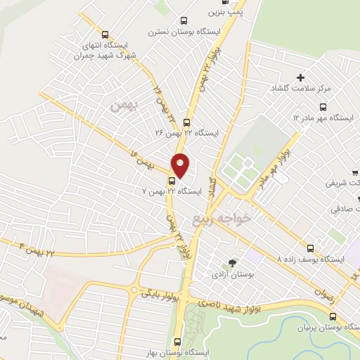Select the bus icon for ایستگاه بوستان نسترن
tap(184, 21)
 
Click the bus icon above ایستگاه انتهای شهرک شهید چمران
tap(105, 34)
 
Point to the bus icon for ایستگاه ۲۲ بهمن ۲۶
tap(186, 122)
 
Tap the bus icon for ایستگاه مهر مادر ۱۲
tap(323, 107)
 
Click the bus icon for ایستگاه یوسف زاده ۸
tap(311, 248)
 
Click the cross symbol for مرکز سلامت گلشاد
tap(301, 77)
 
